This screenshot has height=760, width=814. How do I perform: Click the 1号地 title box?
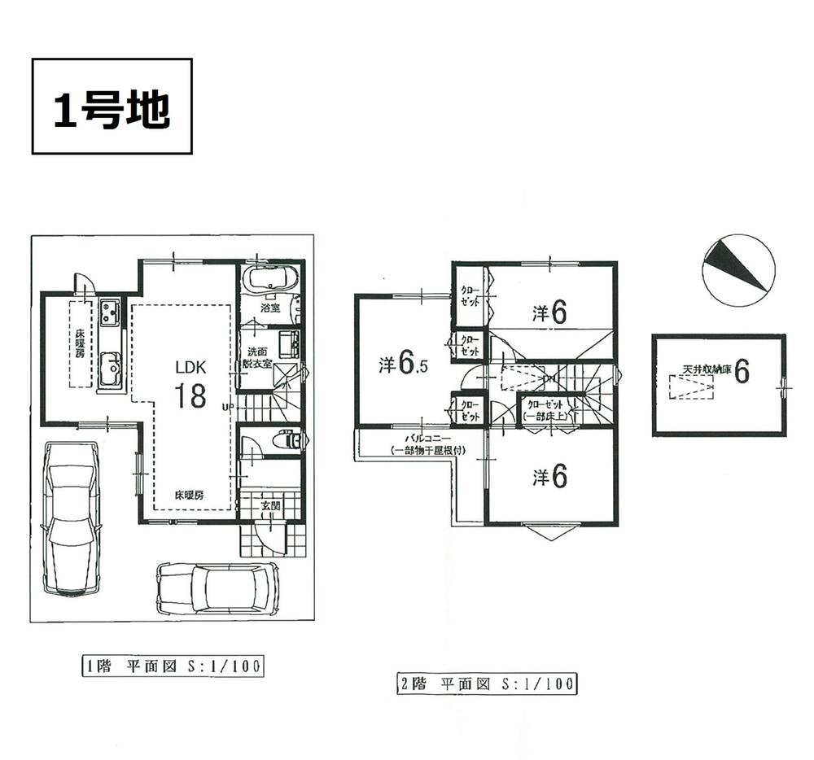(112, 106)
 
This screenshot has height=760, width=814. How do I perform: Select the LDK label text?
(189, 367)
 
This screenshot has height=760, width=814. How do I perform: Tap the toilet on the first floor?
(286, 441)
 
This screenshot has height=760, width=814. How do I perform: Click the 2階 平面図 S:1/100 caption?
(481, 684)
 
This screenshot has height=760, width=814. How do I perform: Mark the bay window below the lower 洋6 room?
(551, 532)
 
